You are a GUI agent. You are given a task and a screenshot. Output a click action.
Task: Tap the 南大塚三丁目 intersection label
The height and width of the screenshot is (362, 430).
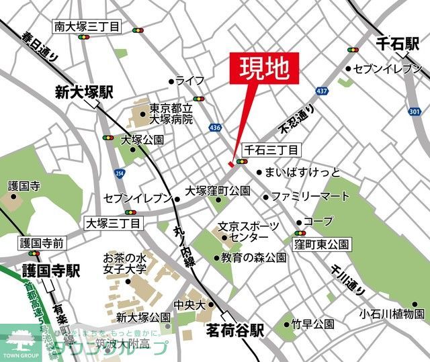click(x=87, y=27)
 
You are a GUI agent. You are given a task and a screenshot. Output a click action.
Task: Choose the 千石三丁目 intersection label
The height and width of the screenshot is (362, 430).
click(x=271, y=150)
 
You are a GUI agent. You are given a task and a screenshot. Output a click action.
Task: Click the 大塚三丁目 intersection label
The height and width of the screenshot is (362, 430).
click(x=114, y=222)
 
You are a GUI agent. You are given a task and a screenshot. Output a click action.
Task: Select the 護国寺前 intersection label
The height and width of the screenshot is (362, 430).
click(x=42, y=242)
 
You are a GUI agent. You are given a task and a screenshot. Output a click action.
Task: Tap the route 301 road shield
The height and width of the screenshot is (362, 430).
click(x=415, y=111)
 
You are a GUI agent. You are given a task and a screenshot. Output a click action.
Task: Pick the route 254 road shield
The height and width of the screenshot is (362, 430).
click(x=119, y=173)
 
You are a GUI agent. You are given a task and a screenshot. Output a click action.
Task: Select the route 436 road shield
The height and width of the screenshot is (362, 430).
click(x=215, y=127)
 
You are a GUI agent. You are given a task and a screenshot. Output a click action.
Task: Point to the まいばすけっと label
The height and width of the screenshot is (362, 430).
click(x=302, y=172)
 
